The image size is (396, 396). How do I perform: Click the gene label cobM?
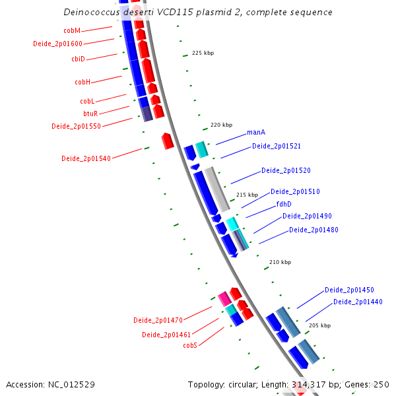click(x=72, y=30)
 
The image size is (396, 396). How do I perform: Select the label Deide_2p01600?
click(x=58, y=44)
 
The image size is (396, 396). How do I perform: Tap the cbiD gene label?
click(x=78, y=59)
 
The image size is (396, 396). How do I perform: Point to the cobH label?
click(x=82, y=82)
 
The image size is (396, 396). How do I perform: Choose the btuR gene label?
click(x=90, y=114)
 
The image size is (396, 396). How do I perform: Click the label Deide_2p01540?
click(x=86, y=158)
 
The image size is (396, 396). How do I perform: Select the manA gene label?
click(x=256, y=132)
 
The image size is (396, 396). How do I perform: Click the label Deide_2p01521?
click(x=277, y=146)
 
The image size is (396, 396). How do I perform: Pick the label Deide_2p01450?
click(x=349, y=290)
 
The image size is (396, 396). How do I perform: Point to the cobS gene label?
click(x=190, y=345)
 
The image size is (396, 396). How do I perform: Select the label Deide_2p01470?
click(x=158, y=320)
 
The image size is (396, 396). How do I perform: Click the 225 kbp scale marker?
click(x=203, y=53)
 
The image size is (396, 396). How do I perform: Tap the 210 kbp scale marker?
click(x=280, y=262)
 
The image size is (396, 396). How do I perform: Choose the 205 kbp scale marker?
click(x=319, y=325)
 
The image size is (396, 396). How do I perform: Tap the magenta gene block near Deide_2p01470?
click(x=224, y=298)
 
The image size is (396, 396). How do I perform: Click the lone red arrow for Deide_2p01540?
click(x=168, y=140)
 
